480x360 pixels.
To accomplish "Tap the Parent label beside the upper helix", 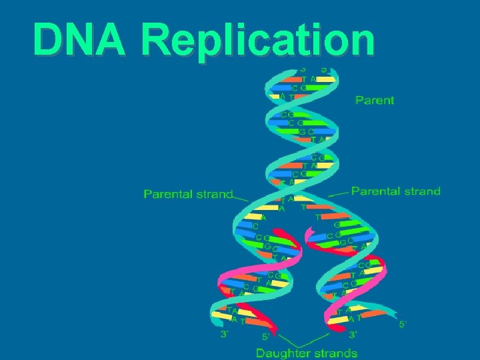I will click(x=375, y=100).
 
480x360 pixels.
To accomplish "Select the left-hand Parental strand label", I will click(x=189, y=195).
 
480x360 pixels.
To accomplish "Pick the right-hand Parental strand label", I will click(x=396, y=191).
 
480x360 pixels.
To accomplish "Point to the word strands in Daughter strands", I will click(x=333, y=353).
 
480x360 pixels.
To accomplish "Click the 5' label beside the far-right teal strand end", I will click(x=402, y=325).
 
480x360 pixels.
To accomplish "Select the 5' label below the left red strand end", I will click(x=265, y=337).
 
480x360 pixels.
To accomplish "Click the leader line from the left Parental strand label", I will click(x=241, y=198).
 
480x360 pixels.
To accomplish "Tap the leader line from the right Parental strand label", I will click(x=339, y=193).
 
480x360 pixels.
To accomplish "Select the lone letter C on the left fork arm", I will click(x=256, y=226).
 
